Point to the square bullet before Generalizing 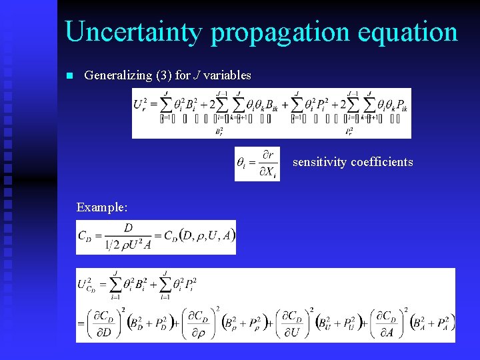68,76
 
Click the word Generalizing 118,76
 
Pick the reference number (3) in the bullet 163,75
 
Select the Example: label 102,207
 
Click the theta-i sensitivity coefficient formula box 257,164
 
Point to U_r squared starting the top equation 141,104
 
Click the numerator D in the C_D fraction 129,228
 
